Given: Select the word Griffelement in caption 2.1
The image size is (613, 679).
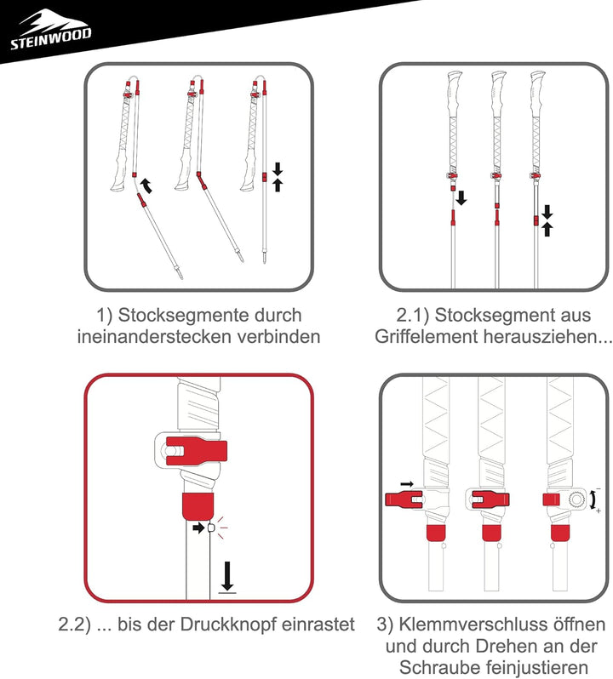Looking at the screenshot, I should (428, 336).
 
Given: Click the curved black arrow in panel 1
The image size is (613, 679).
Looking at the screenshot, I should (147, 184).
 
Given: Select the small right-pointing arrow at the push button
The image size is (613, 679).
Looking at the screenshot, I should (198, 528).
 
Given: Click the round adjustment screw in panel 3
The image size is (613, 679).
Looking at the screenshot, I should (579, 498).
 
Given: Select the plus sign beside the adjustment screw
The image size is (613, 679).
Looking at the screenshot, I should (599, 511).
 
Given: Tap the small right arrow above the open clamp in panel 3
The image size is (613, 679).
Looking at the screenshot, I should (407, 484).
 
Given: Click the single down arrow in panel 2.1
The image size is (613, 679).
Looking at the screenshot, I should (461, 198).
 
